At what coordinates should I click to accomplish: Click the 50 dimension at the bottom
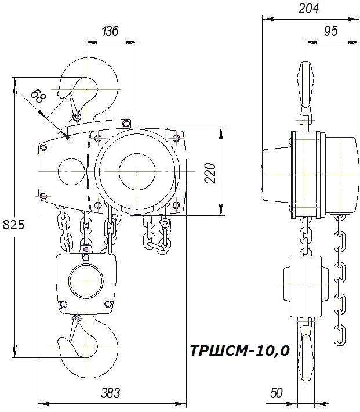point(276,393)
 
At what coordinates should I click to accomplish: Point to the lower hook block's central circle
point(86,283)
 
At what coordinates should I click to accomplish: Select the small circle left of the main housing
point(71,172)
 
